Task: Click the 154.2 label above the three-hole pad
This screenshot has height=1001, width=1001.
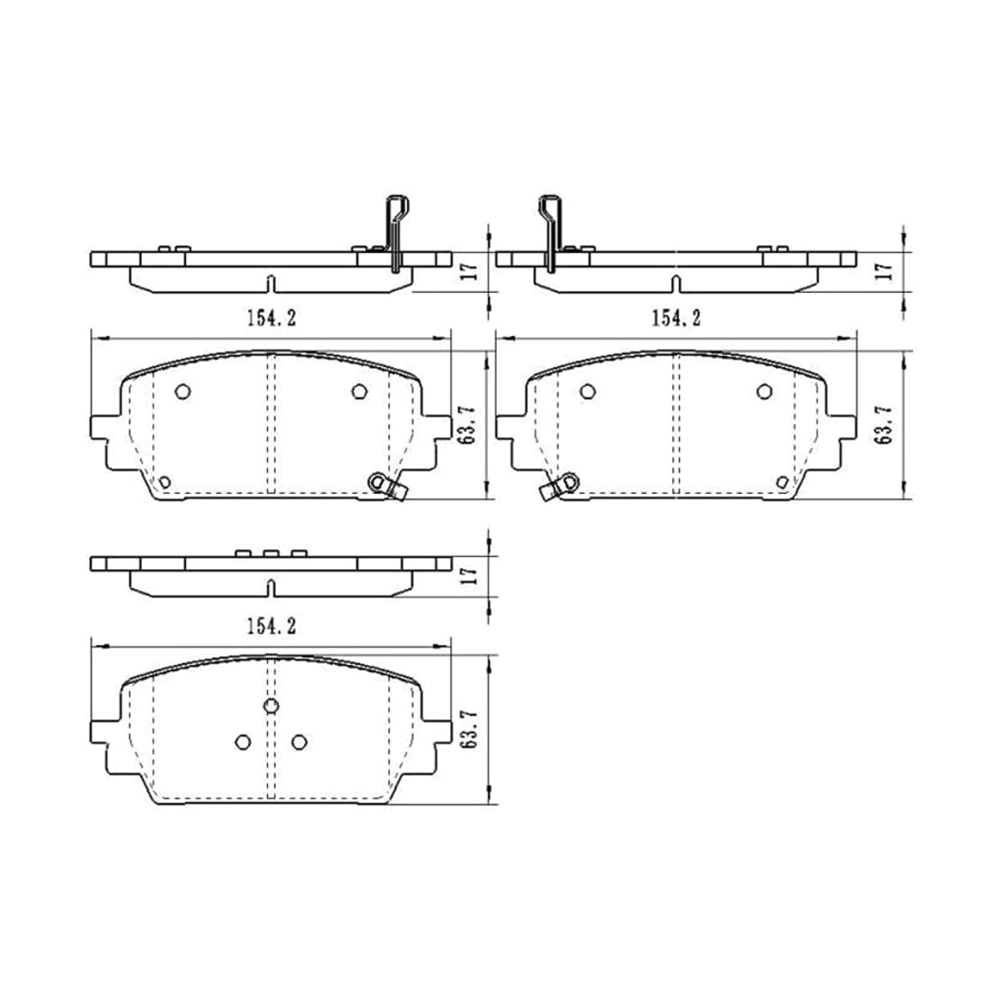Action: pyautogui.click(x=271, y=626)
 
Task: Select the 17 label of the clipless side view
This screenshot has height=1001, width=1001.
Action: pyautogui.click(x=469, y=576)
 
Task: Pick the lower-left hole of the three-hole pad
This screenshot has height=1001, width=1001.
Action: pyautogui.click(x=243, y=742)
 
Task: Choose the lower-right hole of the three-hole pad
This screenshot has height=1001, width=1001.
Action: pyautogui.click(x=299, y=742)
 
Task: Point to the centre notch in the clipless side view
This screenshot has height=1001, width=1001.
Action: pyautogui.click(x=270, y=588)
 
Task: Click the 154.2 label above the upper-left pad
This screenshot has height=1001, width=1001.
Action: pyautogui.click(x=271, y=318)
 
